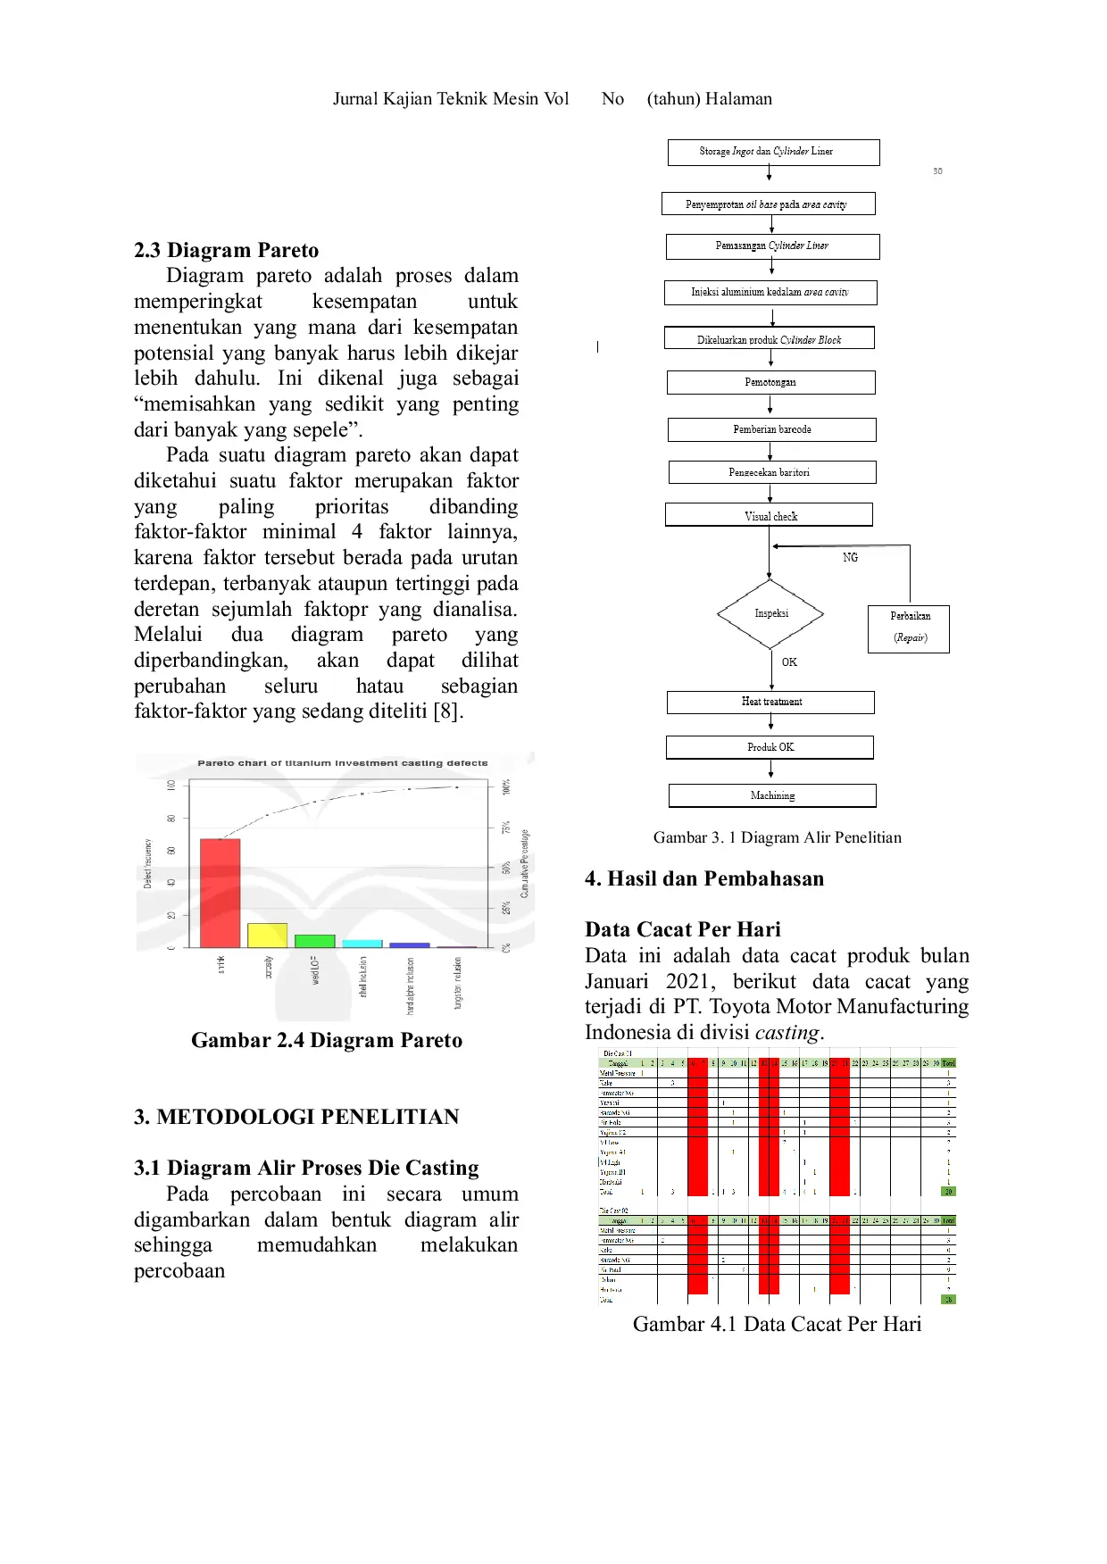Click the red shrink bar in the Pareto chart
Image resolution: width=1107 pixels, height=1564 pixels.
coord(220,893)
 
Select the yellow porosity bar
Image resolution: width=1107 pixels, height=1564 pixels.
coord(267,936)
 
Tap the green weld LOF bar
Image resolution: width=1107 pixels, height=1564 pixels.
coord(314,941)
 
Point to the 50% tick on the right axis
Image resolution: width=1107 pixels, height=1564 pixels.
coord(506,868)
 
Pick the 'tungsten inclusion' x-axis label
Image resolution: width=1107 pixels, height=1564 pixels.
coord(458,984)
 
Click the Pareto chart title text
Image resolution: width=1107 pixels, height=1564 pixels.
coord(342,763)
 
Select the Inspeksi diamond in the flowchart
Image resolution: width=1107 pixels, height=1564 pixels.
coord(770,614)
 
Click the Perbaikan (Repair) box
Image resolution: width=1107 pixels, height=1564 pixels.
coord(909,628)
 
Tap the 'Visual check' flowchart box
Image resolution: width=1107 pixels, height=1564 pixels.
coord(770,516)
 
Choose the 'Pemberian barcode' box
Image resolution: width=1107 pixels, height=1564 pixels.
coord(771,429)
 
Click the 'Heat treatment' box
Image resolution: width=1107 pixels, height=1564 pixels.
coord(770,702)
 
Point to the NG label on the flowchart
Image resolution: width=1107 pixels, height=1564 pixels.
coord(850,557)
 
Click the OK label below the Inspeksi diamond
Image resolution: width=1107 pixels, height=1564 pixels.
coord(789,662)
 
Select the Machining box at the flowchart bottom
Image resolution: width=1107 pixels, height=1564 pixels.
coord(772,795)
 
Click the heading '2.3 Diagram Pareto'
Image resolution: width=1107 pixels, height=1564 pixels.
coord(226,250)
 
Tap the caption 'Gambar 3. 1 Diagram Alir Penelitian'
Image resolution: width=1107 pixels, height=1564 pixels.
coord(777,837)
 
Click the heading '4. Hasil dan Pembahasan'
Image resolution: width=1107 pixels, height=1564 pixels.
coord(703,878)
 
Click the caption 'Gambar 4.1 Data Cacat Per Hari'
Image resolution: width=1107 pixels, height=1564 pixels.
coord(777,1324)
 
